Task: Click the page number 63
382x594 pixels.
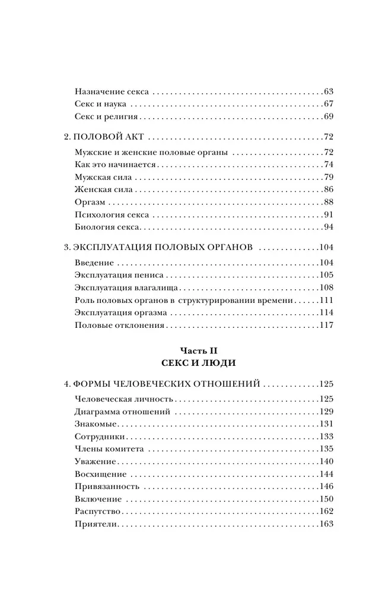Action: pos(329,92)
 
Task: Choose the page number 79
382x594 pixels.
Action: pos(329,178)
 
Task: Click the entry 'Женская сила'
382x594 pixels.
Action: pos(104,190)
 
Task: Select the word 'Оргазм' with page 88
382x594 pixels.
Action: pos(91,203)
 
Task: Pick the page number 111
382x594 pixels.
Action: pos(327,301)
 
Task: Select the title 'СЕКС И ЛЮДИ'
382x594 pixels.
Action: pos(191,362)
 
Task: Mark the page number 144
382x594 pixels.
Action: pos(327,474)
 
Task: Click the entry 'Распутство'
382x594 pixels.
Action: pos(98,511)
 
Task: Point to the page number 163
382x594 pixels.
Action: pos(327,524)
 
